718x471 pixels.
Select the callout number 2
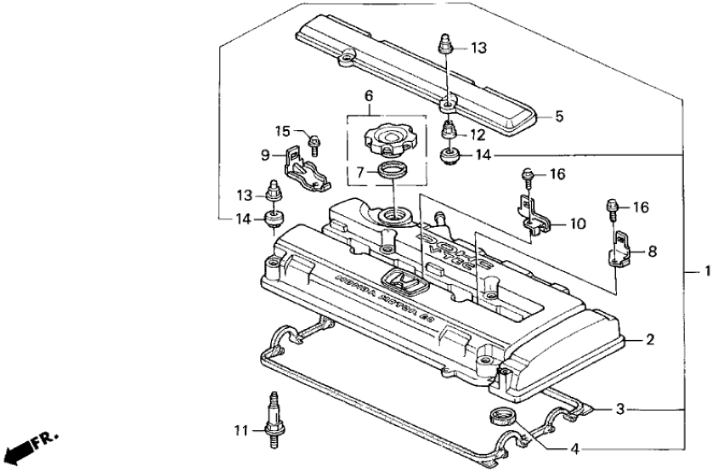650,340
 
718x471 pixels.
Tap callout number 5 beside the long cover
560,116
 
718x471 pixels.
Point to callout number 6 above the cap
369,98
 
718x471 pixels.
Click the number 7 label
359,173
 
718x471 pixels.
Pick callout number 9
265,156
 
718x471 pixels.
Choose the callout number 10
578,224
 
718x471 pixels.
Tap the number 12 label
478,133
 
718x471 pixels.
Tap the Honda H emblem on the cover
396,281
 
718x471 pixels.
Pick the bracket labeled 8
622,249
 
